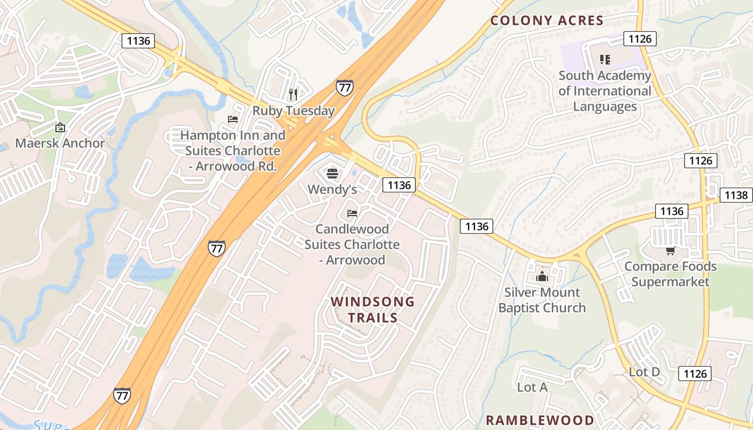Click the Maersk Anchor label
point(60,144)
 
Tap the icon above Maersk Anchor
point(60,127)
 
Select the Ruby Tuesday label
point(294,111)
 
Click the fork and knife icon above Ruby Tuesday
point(293,95)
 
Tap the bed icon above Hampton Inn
point(233,119)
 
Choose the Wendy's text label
point(332,189)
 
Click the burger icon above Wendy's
point(332,173)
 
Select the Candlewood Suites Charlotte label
point(352,245)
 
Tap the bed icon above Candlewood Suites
point(352,213)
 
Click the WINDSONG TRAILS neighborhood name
point(373,309)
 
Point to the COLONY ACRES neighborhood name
point(547,21)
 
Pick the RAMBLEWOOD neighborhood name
point(539,420)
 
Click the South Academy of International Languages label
point(605,91)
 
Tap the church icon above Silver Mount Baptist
point(542,277)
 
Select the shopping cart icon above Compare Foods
point(670,250)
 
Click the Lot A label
point(532,387)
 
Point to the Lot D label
point(644,372)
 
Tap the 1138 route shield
point(736,195)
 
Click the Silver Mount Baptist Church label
point(542,300)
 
